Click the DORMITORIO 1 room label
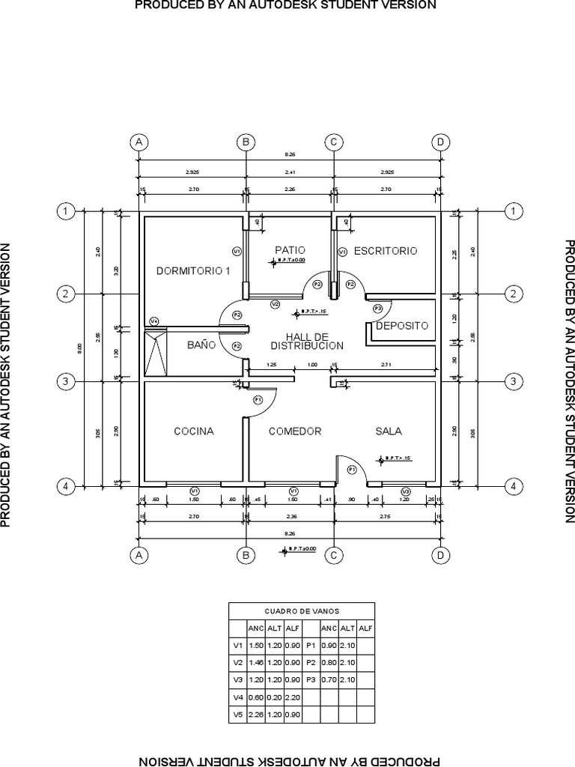[x=193, y=270]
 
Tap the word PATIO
[x=289, y=250]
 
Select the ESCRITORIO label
[x=385, y=251]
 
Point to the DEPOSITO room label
[x=402, y=326]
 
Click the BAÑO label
[x=201, y=345]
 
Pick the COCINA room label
[x=194, y=431]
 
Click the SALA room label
[x=389, y=431]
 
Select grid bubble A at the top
[x=138, y=142]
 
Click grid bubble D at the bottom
[x=440, y=555]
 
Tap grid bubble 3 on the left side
[x=66, y=382]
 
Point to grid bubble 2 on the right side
[x=513, y=294]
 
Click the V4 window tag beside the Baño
[x=154, y=321]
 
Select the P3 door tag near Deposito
[x=377, y=308]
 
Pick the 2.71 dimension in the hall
[x=386, y=365]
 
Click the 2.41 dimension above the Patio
[x=290, y=172]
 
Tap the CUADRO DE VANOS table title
[x=301, y=610]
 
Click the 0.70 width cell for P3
[x=329, y=679]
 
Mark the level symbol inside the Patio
[x=274, y=261]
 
